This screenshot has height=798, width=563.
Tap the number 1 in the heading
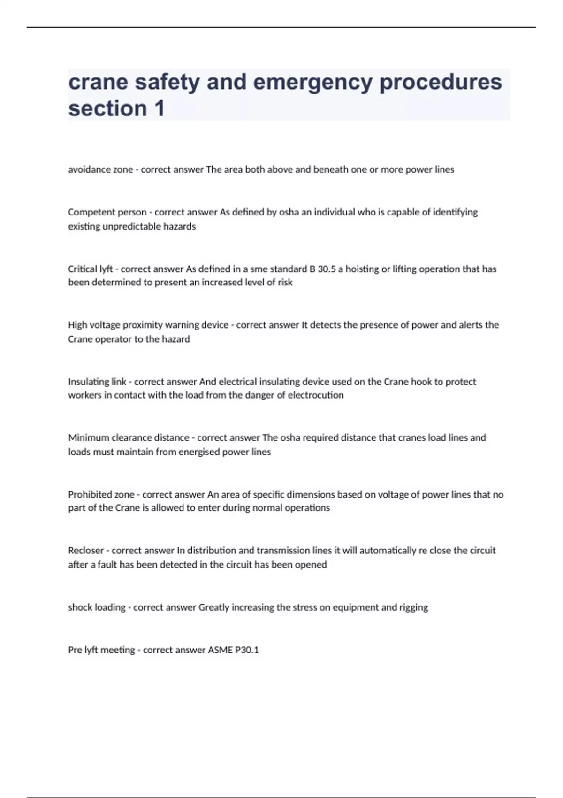pos(159,108)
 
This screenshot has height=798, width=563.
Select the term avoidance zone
pos(100,169)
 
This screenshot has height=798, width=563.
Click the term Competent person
pos(107,212)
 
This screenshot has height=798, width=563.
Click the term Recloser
pos(86,550)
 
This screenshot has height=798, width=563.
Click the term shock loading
pos(97,607)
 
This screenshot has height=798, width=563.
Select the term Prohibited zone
pos(101,494)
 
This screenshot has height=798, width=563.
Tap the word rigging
pos(413,607)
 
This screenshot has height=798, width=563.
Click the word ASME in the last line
pos(220,650)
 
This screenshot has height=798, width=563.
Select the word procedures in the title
pos(441,82)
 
